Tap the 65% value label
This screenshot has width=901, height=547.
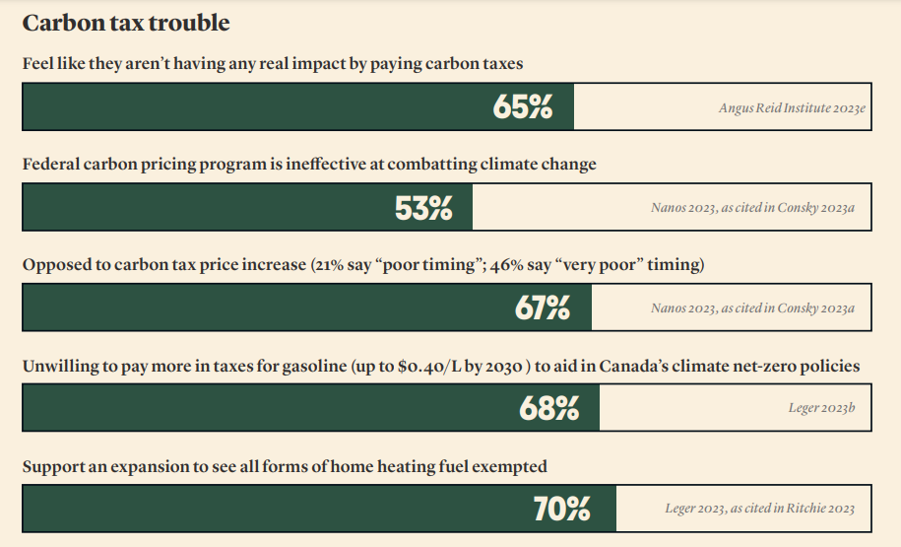click(x=523, y=107)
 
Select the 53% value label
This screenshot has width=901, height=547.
click(x=423, y=208)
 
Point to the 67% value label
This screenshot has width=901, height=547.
click(x=542, y=308)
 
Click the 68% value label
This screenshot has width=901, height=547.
click(x=548, y=408)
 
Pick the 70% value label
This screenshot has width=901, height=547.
click(x=561, y=509)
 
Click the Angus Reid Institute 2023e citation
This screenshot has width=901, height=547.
click(x=792, y=107)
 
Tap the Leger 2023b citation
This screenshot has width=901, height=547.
click(x=816, y=407)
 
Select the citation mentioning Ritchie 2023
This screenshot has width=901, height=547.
click(x=759, y=509)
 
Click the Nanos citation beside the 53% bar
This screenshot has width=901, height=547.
click(x=752, y=208)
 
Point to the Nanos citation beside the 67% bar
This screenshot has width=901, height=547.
click(x=752, y=308)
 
